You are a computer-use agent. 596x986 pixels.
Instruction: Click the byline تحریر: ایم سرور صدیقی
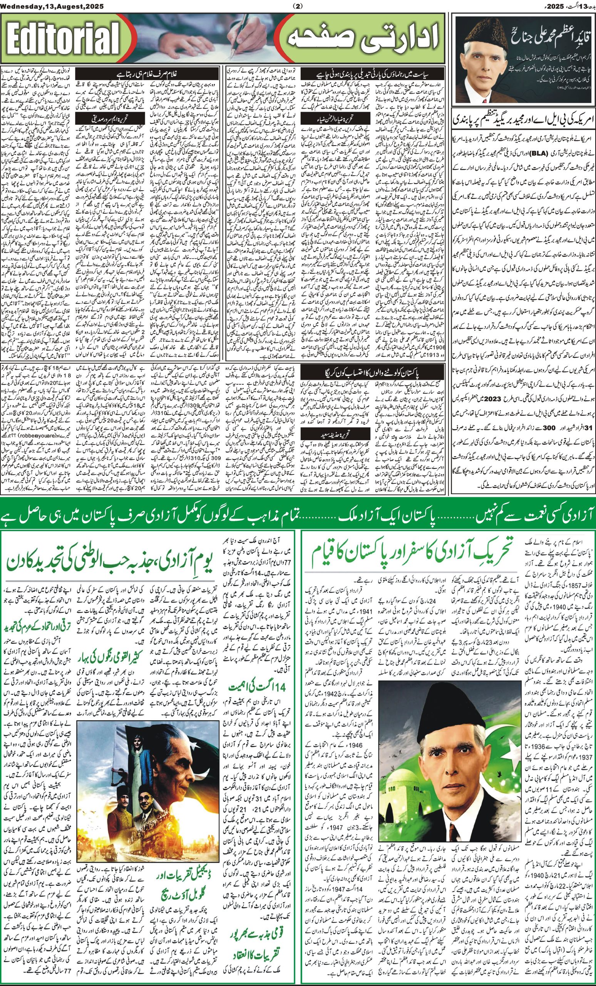point(102,119)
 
